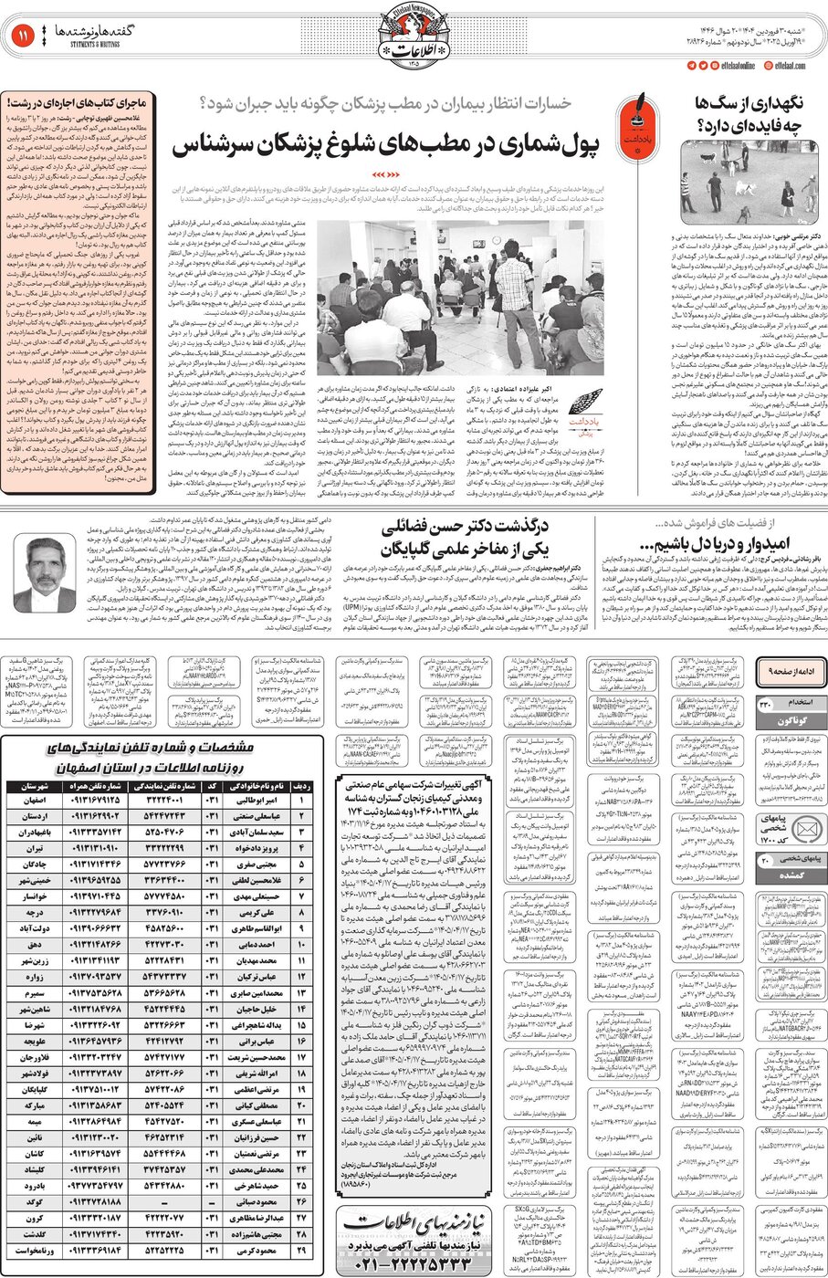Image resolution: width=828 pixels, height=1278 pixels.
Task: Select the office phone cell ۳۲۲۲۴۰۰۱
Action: pyautogui.click(x=166, y=800)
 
